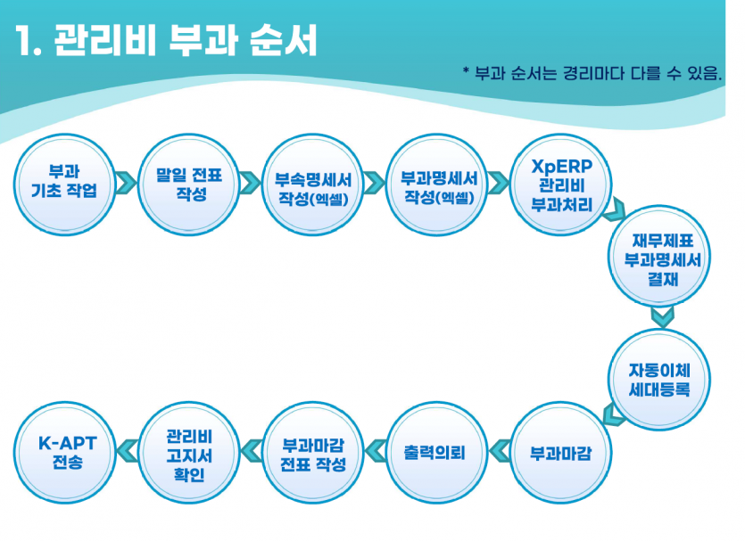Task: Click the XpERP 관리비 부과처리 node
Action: click(x=560, y=186)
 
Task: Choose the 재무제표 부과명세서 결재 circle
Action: click(x=661, y=259)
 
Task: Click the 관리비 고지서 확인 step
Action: click(x=189, y=454)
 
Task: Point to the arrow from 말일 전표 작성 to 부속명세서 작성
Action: click(x=252, y=182)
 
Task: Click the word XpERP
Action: click(x=561, y=167)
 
